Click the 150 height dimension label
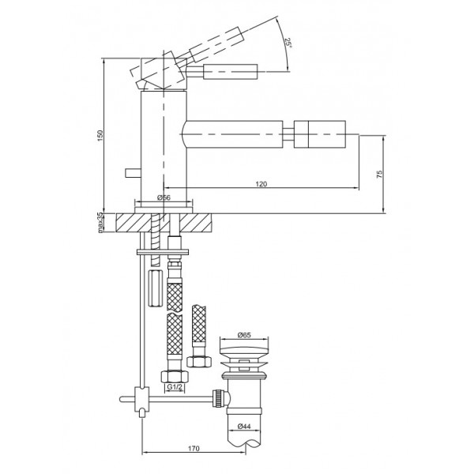tap(100, 135)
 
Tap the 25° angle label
tap(288, 43)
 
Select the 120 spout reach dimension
tap(261, 184)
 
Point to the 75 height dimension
tap(379, 174)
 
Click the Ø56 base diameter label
tap(164, 197)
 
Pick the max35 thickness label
tap(100, 223)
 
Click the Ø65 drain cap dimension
tap(244, 335)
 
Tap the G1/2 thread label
tap(174, 386)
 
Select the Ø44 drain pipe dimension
tap(244, 427)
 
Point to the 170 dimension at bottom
tap(194, 448)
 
